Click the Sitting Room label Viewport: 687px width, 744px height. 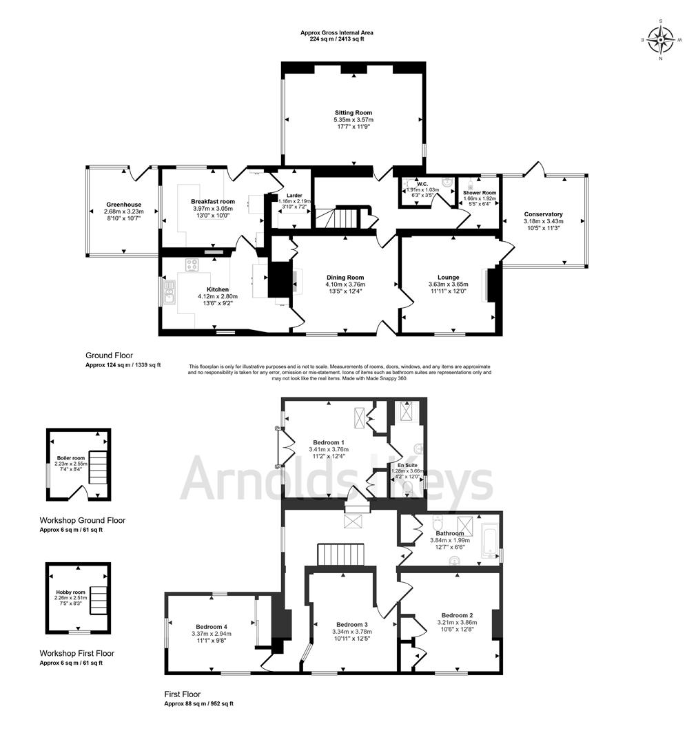[353, 112]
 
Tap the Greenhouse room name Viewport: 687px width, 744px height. [123, 205]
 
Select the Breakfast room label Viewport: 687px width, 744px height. [213, 201]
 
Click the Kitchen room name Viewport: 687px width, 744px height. [218, 289]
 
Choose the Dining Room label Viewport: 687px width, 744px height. [345, 277]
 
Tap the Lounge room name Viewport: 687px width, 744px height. [448, 277]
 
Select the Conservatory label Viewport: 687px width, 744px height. [543, 214]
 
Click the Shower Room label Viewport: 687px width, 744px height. [479, 193]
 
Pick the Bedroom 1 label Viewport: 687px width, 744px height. [329, 442]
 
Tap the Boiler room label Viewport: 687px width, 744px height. [71, 457]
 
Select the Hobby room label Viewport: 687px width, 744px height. [70, 591]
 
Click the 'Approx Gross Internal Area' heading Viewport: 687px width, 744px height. [337, 32]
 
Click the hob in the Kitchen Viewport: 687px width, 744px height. [192, 265]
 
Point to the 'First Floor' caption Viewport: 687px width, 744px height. [183, 694]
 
